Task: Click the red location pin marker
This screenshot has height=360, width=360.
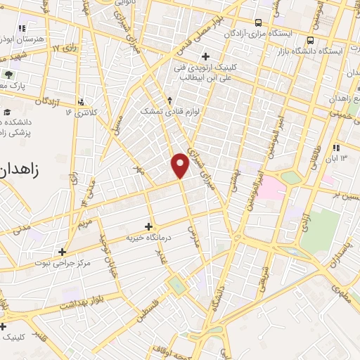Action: click(x=180, y=165)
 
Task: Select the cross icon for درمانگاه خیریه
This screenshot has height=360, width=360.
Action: click(x=148, y=226)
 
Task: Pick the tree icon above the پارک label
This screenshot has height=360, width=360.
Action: click(x=9, y=74)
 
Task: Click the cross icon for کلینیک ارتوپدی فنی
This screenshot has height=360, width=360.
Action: click(x=205, y=56)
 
